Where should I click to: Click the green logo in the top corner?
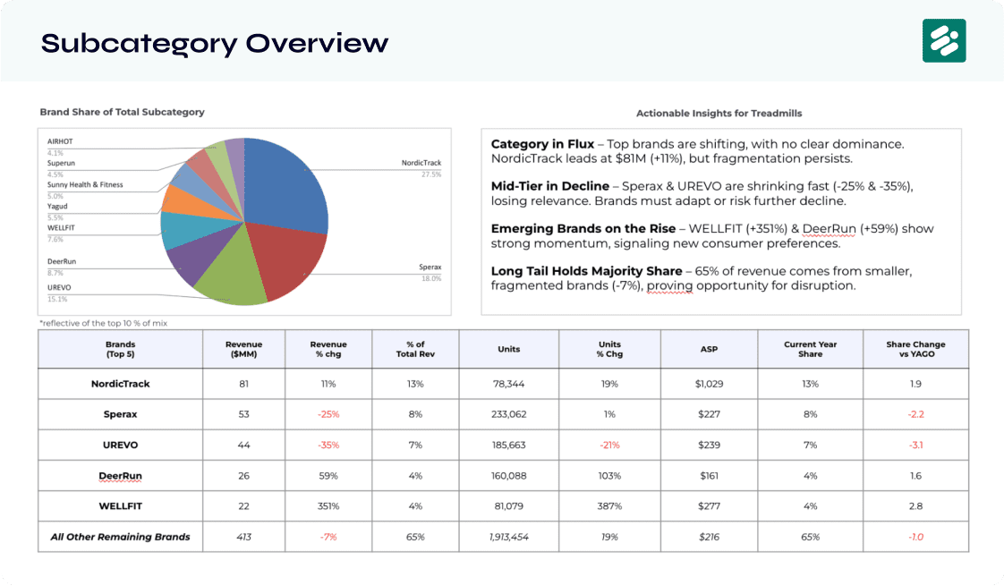click(x=944, y=40)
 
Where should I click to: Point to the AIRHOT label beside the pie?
click(x=60, y=141)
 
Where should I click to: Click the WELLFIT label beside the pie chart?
click(x=61, y=228)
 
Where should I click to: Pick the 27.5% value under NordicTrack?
click(x=431, y=174)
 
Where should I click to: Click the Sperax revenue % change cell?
click(x=328, y=414)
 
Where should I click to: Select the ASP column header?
click(x=709, y=349)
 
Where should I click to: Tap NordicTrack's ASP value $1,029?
click(x=709, y=384)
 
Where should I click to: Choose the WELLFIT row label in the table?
click(x=121, y=506)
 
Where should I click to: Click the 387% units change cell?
click(x=609, y=506)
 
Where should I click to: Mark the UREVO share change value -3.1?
click(x=915, y=446)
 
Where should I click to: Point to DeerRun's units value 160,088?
click(x=509, y=476)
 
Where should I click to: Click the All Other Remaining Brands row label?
click(x=121, y=537)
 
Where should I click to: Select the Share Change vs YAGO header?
click(x=915, y=349)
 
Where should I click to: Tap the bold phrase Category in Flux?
click(x=542, y=144)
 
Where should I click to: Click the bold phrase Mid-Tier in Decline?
click(x=550, y=186)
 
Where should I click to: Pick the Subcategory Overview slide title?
click(x=215, y=44)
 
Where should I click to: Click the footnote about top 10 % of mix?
click(x=103, y=324)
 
